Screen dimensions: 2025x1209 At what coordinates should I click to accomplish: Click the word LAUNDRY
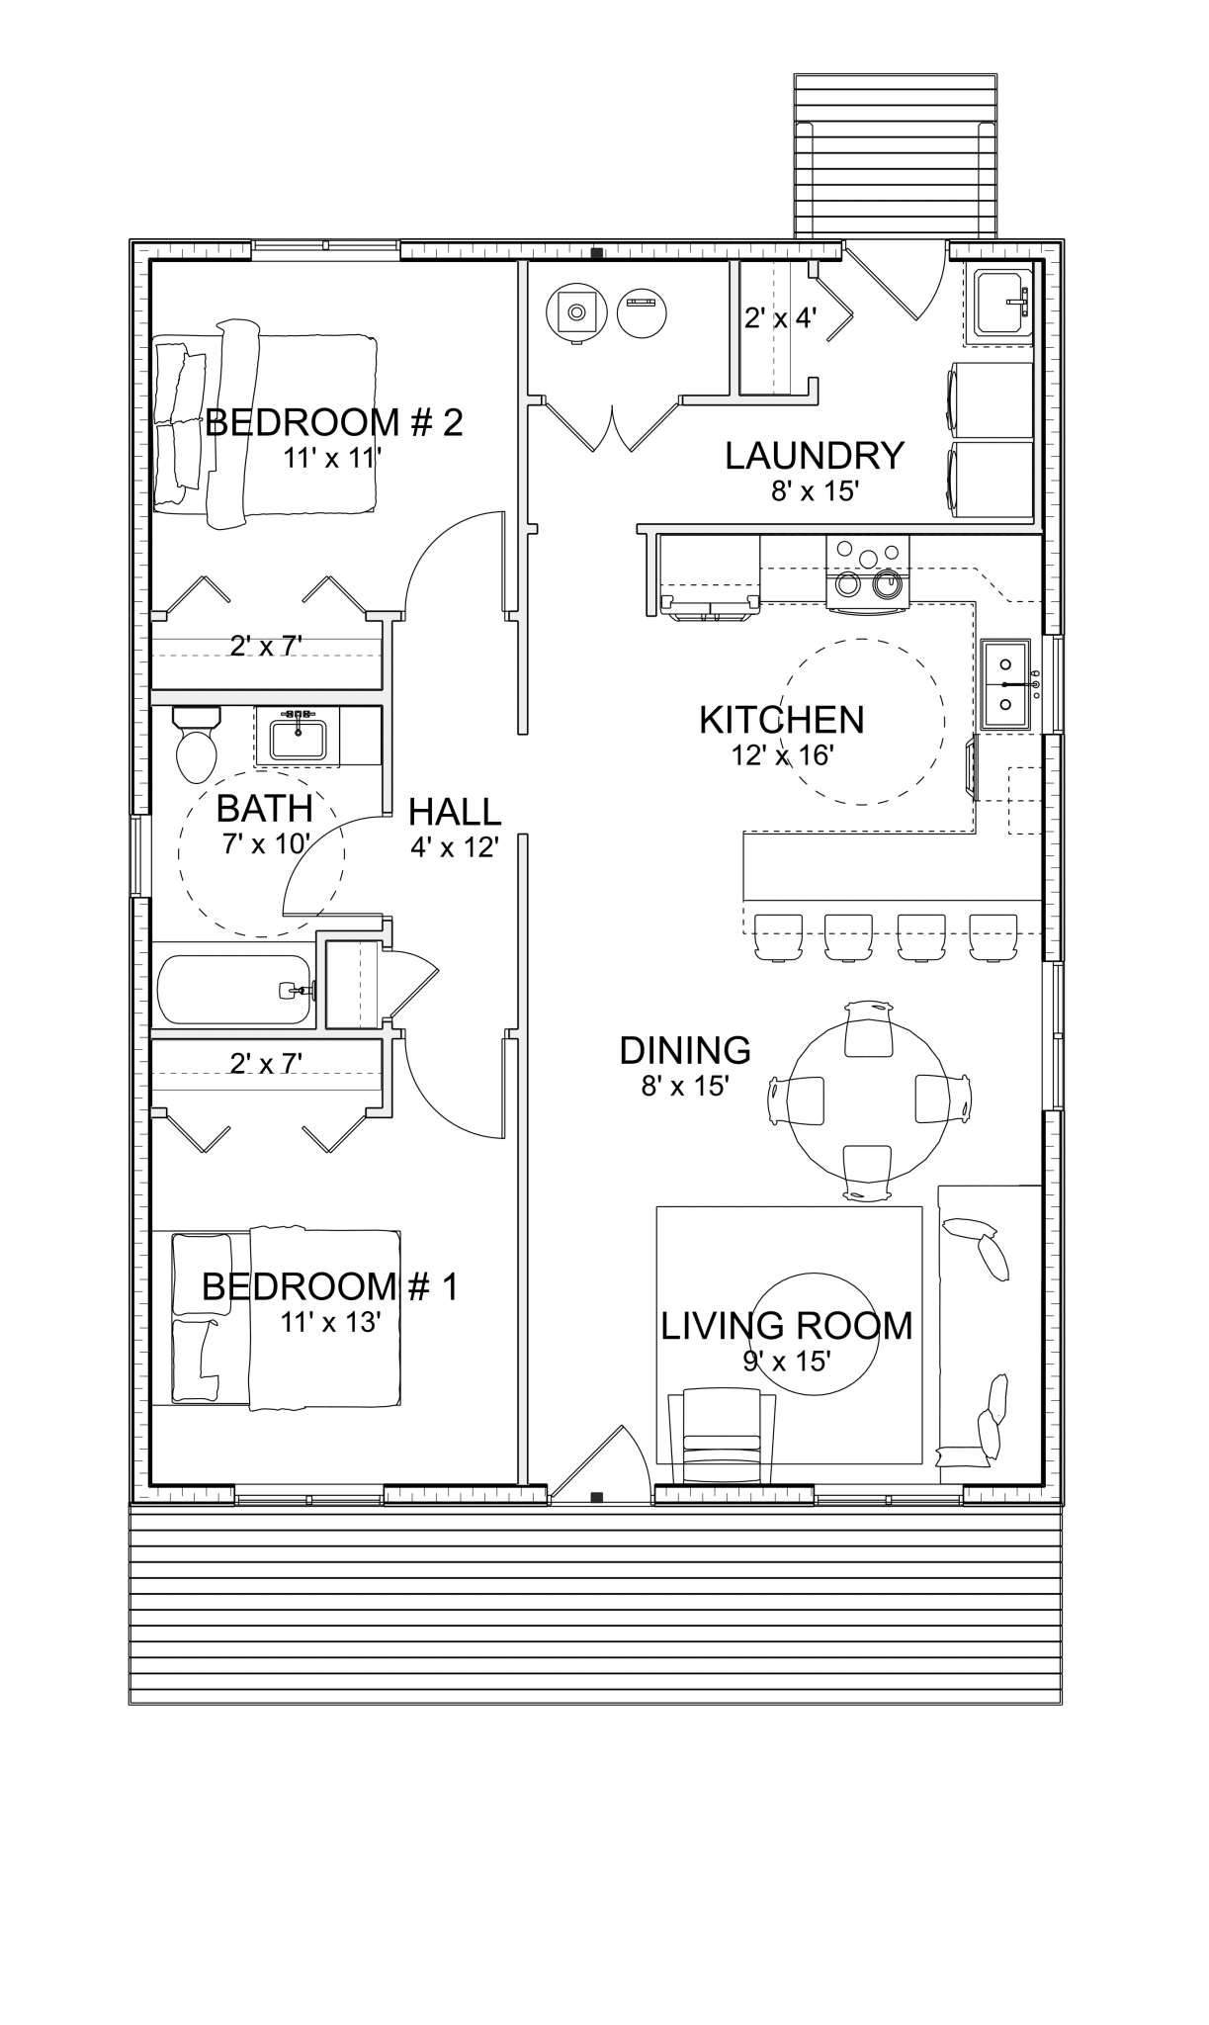814,456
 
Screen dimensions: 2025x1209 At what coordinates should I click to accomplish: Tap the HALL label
455,813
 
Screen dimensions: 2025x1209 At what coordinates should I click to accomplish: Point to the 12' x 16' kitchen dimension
782,755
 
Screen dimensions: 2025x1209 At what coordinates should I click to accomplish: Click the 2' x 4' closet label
780,318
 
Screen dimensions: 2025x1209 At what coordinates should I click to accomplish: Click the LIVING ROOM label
786,1326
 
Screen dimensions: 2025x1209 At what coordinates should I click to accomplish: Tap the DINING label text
684,1050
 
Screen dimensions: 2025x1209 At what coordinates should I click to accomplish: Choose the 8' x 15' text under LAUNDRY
814,490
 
